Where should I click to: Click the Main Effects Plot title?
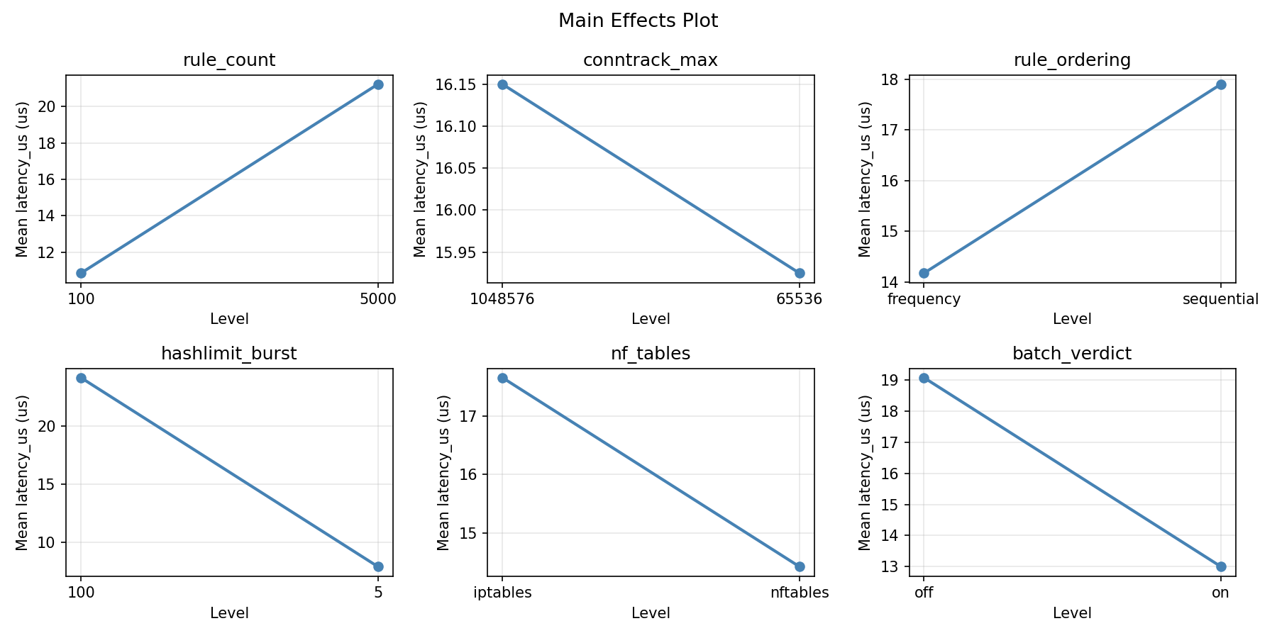tap(638, 21)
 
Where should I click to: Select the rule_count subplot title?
tap(229, 60)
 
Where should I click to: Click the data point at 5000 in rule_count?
tap(378, 84)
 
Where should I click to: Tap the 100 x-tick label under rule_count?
tap(81, 299)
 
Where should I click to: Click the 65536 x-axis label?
tap(799, 299)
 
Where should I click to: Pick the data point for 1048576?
tap(502, 84)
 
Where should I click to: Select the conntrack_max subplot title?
tap(650, 60)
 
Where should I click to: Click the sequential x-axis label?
tap(1220, 299)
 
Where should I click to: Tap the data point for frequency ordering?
tap(924, 273)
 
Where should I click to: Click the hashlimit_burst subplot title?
tap(229, 354)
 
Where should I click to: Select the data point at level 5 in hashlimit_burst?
tap(378, 566)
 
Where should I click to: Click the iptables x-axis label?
tap(502, 593)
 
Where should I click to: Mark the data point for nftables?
tap(800, 566)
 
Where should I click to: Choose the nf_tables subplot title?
tap(650, 354)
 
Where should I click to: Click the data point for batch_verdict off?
tap(924, 378)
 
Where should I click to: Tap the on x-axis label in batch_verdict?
tap(1220, 593)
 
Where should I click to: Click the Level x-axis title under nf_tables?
tap(650, 613)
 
